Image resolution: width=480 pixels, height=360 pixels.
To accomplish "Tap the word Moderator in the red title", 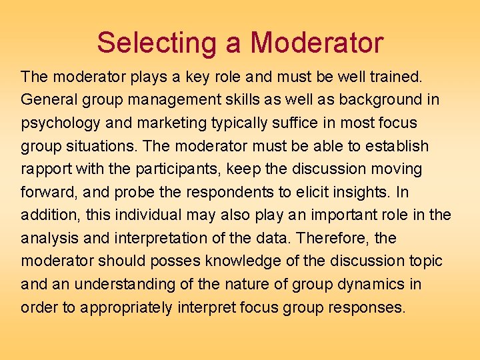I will [x=317, y=43].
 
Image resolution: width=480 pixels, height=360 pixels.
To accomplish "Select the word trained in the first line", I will [x=395, y=77].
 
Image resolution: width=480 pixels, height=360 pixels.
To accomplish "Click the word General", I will [x=49, y=100].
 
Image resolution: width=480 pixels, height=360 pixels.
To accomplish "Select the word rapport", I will [x=44, y=169].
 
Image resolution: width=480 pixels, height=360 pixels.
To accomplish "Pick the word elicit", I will [x=303, y=192].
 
